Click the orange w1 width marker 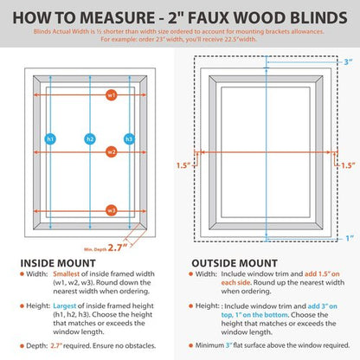coord(112,94)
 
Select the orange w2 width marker coord(112,151)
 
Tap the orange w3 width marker coord(112,209)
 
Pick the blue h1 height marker coord(51,139)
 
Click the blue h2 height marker coord(89,139)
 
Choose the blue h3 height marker coord(130,139)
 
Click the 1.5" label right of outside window coord(347,164)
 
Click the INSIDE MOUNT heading coord(58,259)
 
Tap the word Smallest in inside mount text coord(65,273)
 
